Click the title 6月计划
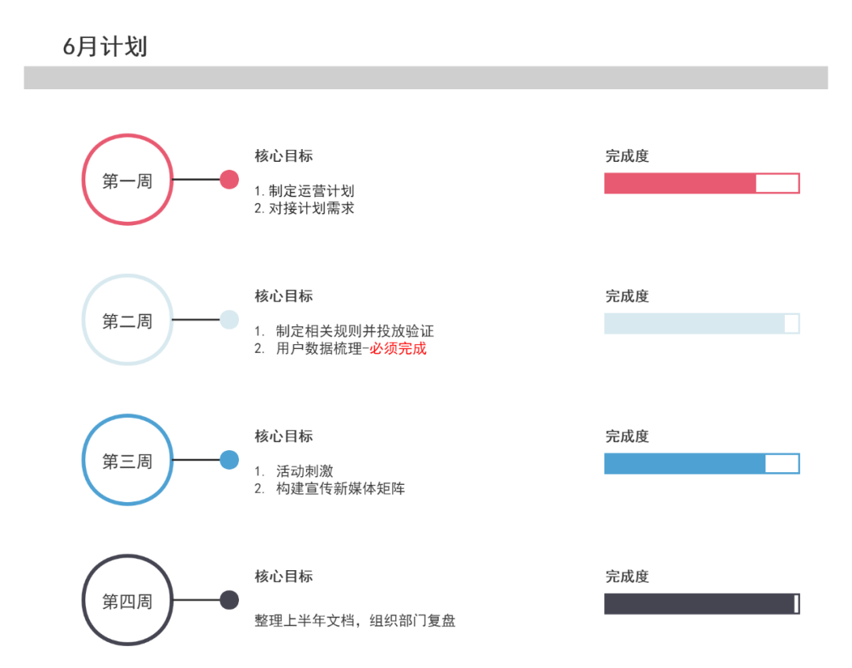[x=105, y=47]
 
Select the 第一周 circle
[x=127, y=180]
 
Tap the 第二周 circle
[x=127, y=320]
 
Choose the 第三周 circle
[x=127, y=460]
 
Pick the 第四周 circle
[x=127, y=601]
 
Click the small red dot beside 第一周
[x=229, y=180]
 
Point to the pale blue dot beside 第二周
[x=229, y=320]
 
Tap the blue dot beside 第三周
[x=229, y=460]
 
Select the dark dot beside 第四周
[x=229, y=601]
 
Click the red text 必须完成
[x=398, y=348]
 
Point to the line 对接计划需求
[x=305, y=208]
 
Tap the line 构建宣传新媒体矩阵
[x=340, y=489]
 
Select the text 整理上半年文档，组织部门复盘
[x=354, y=621]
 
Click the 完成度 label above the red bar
[x=627, y=156]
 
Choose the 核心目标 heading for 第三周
[x=283, y=436]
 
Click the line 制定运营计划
[x=305, y=191]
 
